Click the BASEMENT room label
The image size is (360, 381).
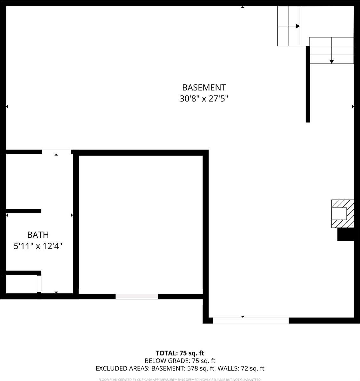click(x=204, y=87)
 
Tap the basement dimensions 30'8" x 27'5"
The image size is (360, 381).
click(x=204, y=99)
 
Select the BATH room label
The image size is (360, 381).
click(x=38, y=235)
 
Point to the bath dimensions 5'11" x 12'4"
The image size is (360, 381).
click(x=38, y=246)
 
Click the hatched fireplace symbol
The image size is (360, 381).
click(x=342, y=213)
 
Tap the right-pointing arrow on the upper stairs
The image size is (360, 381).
click(x=297, y=26)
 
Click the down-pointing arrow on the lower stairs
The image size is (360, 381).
click(x=331, y=61)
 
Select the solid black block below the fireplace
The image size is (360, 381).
click(x=345, y=235)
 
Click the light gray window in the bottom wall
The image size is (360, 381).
click(x=137, y=296)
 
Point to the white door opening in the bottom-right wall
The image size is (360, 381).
click(x=250, y=320)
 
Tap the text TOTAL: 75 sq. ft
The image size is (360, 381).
click(x=180, y=353)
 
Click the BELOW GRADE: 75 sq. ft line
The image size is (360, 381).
click(x=180, y=361)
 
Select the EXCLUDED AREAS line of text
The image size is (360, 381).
click(x=180, y=369)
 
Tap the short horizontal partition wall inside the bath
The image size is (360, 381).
click(x=23, y=211)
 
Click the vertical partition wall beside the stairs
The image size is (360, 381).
click(x=307, y=84)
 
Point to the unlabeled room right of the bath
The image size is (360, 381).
click(x=140, y=224)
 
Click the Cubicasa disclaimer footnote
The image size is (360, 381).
click(x=180, y=379)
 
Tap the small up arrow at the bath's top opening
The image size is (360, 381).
click(x=56, y=155)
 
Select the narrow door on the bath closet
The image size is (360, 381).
click(x=39, y=284)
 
